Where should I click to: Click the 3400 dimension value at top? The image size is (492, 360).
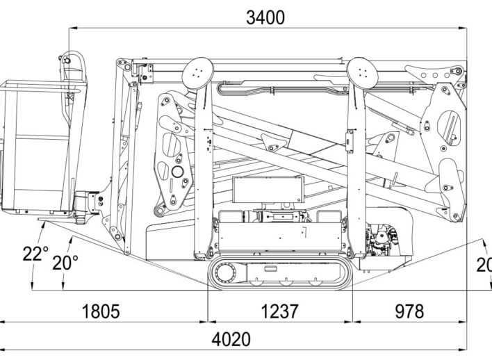265,17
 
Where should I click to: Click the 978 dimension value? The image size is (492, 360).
409,311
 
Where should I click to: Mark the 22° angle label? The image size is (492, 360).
34,253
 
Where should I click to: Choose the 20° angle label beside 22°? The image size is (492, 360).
67,263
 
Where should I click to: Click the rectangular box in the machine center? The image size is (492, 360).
268,190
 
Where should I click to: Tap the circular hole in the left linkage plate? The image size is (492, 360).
177,171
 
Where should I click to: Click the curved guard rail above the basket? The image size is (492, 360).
76,66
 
